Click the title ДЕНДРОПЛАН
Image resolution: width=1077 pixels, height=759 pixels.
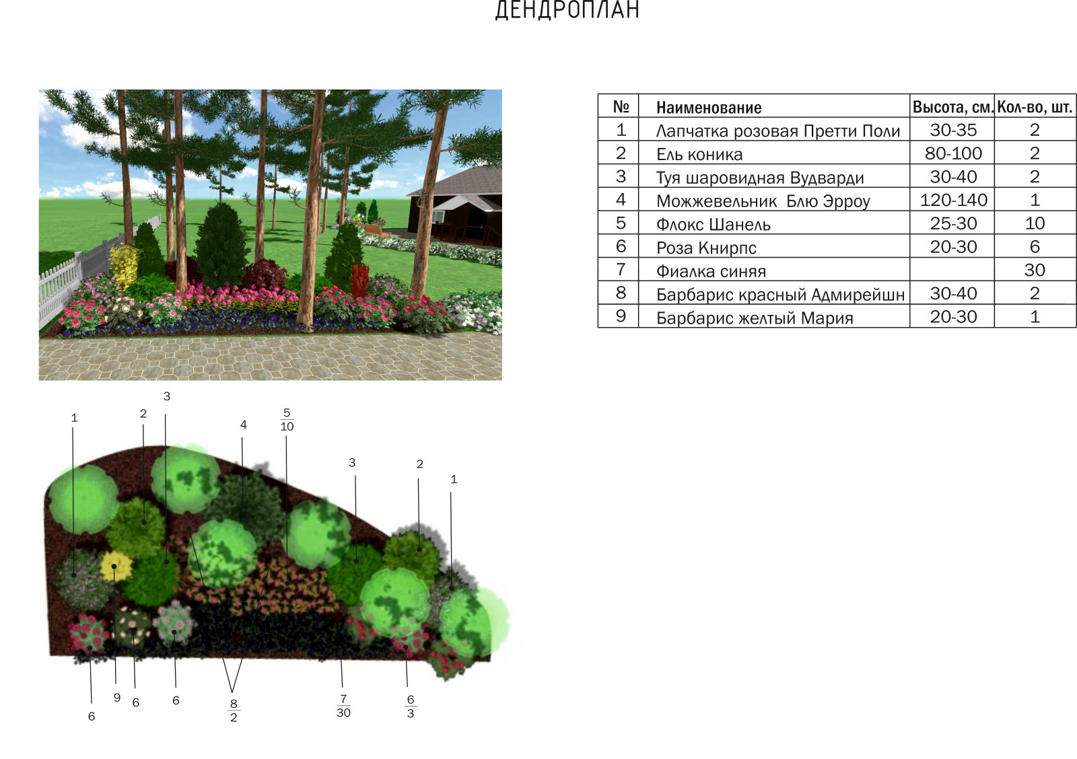567,9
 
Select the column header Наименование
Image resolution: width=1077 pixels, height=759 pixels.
709,108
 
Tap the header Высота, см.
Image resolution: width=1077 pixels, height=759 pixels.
952,107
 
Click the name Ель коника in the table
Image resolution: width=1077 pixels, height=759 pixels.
699,154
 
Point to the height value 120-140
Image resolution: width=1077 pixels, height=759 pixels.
953,200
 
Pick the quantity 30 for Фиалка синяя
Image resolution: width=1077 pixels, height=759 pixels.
1035,270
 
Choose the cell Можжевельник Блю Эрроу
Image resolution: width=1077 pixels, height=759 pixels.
763,201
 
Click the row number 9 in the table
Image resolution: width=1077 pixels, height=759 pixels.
621,316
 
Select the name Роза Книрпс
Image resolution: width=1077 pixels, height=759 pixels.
706,248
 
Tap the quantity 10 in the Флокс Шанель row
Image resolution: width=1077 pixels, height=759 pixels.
1035,223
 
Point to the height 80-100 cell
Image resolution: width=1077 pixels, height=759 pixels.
953,154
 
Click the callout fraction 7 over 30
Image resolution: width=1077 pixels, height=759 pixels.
343,706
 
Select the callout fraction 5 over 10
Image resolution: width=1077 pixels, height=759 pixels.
287,420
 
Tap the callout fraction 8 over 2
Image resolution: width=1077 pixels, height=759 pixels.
234,711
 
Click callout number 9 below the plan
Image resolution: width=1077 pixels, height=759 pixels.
117,698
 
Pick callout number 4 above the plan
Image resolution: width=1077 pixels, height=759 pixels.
243,425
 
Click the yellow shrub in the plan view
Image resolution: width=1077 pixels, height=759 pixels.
116,567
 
